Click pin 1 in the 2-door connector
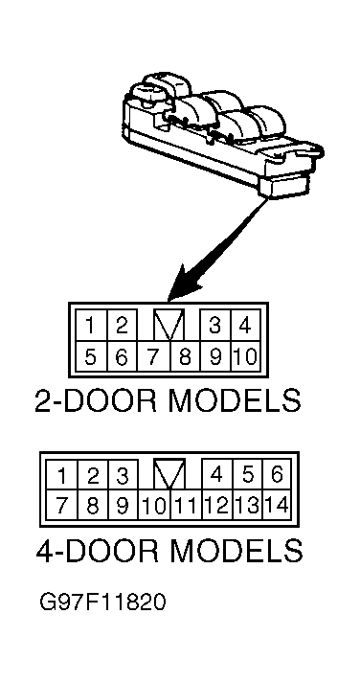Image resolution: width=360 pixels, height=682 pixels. (91, 326)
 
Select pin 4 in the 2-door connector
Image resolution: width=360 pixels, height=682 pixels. (245, 326)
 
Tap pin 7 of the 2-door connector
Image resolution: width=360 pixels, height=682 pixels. (153, 356)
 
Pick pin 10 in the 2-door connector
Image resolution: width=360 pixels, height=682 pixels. (245, 356)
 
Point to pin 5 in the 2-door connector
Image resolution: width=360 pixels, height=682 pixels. (91, 356)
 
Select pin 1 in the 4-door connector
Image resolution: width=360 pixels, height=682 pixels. (62, 475)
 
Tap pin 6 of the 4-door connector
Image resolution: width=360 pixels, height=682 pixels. (277, 475)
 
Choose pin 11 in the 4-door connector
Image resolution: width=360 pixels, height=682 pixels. (186, 505)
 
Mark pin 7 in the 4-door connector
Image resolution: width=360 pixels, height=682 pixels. (62, 505)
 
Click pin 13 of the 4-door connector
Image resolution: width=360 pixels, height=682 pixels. (247, 505)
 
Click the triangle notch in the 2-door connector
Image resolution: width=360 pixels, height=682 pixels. (169, 325)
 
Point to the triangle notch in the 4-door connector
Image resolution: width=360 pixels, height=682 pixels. (169, 473)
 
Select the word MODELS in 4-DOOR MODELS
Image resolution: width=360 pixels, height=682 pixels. (235, 550)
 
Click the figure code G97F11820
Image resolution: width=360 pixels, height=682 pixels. (102, 602)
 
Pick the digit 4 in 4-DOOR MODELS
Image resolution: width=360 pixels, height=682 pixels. (45, 550)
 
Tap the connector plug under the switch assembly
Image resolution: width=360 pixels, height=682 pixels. (284, 187)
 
